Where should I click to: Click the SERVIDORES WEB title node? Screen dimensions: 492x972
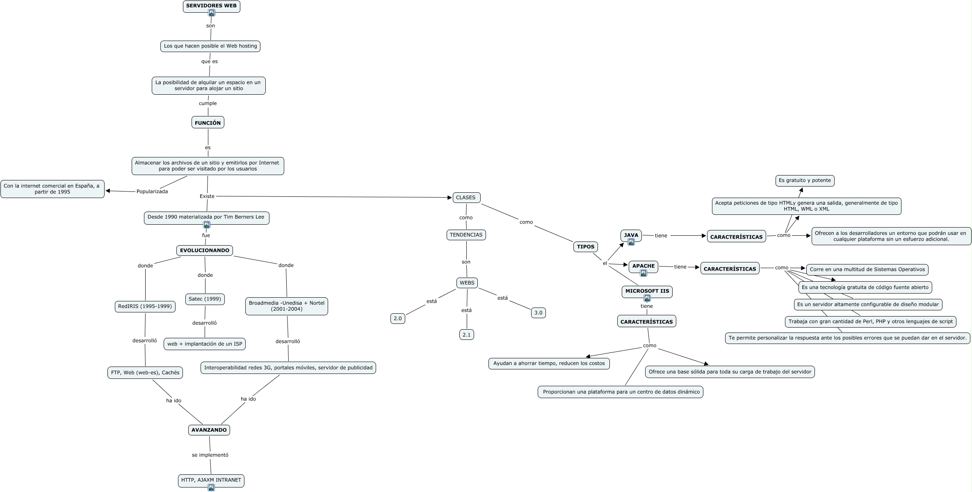point(211,6)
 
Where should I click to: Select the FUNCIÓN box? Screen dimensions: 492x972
point(208,123)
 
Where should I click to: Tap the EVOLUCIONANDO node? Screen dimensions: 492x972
point(205,251)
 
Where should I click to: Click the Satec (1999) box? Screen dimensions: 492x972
point(205,299)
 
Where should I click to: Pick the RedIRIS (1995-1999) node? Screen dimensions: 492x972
point(145,306)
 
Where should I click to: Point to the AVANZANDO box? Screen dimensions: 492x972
point(209,430)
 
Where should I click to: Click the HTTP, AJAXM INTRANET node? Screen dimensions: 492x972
point(211,480)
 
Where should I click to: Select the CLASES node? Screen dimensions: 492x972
point(466,198)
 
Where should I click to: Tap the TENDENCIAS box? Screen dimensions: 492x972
point(466,235)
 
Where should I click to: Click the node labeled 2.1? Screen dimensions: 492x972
point(466,335)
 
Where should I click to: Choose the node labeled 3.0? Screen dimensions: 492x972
point(538,313)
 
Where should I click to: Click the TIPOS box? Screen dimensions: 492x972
point(585,247)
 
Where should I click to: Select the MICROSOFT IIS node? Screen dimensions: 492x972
point(647,291)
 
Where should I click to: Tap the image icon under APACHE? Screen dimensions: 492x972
point(643,273)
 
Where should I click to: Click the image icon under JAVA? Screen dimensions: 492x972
point(631,242)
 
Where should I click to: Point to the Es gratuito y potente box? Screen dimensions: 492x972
point(805,180)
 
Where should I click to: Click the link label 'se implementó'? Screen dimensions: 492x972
point(210,455)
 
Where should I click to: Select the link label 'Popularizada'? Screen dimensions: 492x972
point(152,191)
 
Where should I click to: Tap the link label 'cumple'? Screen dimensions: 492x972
point(208,103)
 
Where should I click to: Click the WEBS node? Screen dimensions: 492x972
point(467,283)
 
